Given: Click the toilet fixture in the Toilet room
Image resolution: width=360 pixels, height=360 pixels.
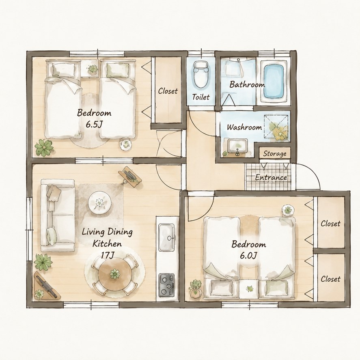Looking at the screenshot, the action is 201,74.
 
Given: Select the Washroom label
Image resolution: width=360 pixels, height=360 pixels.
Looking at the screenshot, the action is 244,127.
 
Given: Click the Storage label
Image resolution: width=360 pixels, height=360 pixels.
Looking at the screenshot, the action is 275,153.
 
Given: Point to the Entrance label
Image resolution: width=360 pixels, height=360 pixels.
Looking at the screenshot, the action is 271,177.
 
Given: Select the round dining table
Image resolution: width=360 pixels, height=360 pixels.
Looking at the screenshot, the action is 115,274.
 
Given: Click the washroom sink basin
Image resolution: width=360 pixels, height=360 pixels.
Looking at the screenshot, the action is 237,146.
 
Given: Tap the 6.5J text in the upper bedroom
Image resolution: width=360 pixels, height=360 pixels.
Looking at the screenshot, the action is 94,125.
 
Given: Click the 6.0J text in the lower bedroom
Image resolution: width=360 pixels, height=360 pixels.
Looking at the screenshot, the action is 248,256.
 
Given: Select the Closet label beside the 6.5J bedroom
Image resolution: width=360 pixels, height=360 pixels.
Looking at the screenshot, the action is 168,91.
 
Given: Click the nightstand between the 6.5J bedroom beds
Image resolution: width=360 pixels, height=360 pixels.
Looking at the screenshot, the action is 90,69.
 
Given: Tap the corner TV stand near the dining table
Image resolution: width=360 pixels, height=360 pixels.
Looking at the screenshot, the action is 45,286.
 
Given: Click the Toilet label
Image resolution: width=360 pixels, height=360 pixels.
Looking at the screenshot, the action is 201,97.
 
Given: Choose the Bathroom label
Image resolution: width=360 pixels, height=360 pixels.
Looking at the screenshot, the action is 247,85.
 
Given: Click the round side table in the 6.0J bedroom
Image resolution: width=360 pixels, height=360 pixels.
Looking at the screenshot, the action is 288,210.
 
